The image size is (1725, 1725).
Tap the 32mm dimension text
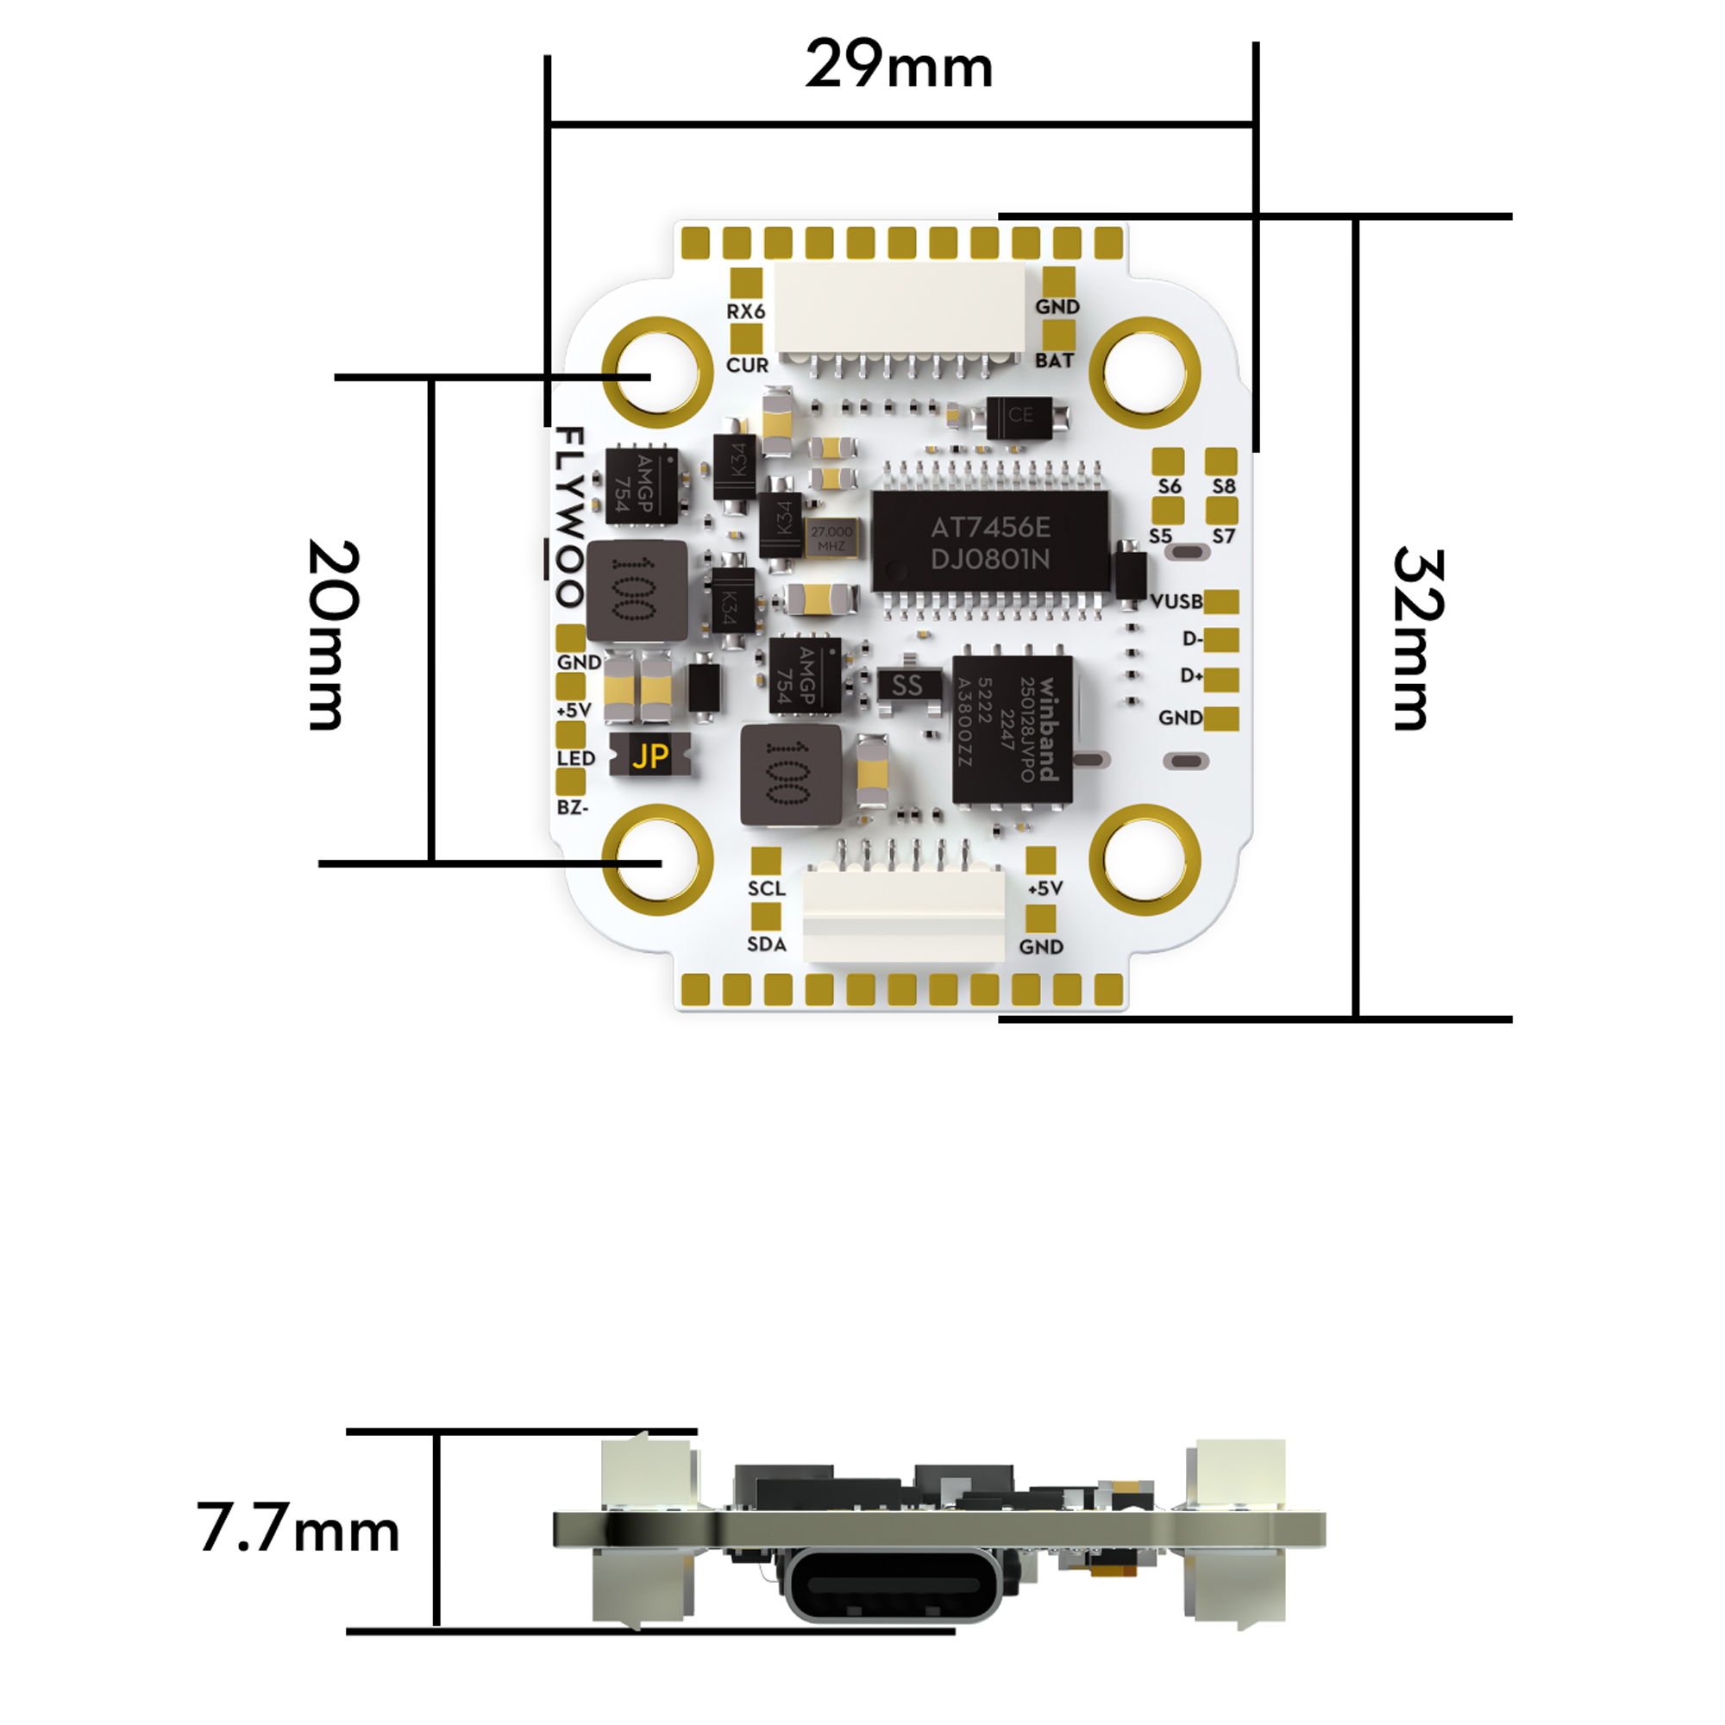point(1417,637)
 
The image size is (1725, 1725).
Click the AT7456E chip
point(989,542)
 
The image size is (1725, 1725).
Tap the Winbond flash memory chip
point(1012,729)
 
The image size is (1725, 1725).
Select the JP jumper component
point(650,756)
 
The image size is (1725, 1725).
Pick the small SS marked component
point(907,685)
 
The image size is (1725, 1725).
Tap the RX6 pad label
point(745,311)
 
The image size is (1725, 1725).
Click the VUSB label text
point(1176,601)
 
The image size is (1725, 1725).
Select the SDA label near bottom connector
point(766,944)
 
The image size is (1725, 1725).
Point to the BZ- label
point(573,807)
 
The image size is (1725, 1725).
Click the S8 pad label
point(1223,486)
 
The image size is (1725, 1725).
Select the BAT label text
point(1054,361)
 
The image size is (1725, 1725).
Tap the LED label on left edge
point(576,758)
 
